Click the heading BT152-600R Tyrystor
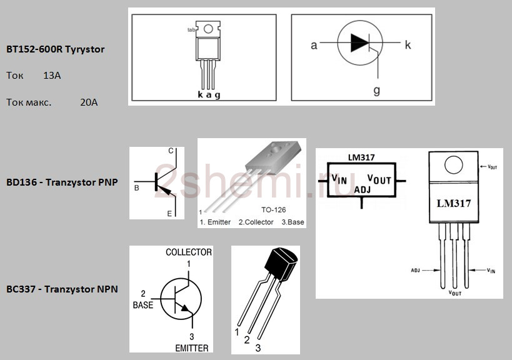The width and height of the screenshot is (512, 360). point(56,49)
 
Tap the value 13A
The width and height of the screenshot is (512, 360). point(52,76)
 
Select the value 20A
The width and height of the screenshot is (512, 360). point(89,102)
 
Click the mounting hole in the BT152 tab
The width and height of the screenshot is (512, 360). point(208,29)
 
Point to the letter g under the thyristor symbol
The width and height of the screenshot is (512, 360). point(377,90)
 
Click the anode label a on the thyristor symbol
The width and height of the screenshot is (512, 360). point(314,46)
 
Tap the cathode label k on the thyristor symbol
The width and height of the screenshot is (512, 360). point(408,45)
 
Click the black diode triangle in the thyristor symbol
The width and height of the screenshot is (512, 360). point(359,42)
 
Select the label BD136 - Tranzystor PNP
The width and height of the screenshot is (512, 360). point(62,182)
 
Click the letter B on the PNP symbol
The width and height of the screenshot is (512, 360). point(137,188)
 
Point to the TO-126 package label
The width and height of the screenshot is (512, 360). point(274,210)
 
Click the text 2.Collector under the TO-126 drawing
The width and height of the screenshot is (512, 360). point(256,222)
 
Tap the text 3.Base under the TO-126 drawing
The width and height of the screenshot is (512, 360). point(293,222)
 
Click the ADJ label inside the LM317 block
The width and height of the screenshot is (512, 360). point(363,189)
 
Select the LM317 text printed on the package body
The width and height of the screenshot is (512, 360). point(454,203)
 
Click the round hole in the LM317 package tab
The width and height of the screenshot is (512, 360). point(454,165)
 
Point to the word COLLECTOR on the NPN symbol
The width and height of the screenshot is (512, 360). point(189,252)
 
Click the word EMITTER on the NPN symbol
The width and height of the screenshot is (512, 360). point(192,348)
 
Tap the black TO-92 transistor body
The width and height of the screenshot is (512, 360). point(281,264)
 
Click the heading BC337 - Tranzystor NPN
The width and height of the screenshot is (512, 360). point(62,289)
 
